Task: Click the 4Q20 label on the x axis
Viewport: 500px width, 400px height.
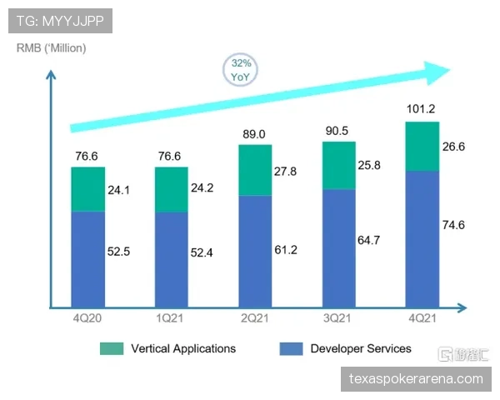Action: pos(87,317)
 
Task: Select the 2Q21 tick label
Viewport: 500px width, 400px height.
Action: pos(255,317)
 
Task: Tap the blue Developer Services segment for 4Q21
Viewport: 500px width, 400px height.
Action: pos(422,237)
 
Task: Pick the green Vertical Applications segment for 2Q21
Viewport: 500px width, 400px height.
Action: pos(255,170)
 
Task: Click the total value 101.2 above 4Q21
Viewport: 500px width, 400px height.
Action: pos(422,108)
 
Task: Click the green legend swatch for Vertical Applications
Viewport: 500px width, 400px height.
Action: pos(112,348)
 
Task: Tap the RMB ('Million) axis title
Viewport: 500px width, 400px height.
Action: pos(51,47)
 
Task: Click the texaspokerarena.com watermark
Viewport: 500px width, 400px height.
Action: pos(416,379)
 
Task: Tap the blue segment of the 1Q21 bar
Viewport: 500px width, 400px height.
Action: pos(171,257)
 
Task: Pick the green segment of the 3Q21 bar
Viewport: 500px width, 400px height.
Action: pos(338,165)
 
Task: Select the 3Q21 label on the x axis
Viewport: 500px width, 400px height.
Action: pos(338,317)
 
